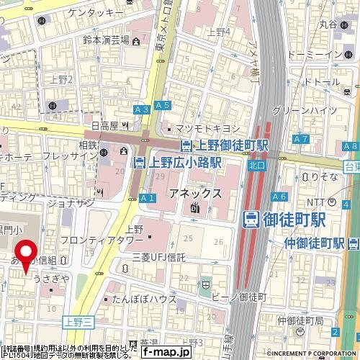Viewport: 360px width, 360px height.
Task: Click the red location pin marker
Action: point(27,256)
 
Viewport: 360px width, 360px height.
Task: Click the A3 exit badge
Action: point(142,109)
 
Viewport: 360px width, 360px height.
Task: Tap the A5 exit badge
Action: point(162,106)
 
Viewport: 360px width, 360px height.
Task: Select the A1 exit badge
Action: point(148,198)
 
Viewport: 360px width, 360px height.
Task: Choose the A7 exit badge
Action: point(301,138)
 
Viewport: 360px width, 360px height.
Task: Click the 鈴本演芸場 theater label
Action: point(105,40)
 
